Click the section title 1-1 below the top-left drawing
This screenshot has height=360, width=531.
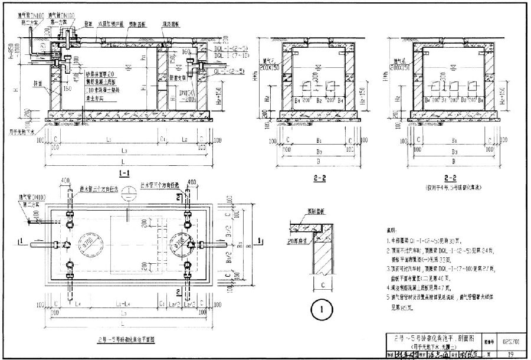124,174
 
